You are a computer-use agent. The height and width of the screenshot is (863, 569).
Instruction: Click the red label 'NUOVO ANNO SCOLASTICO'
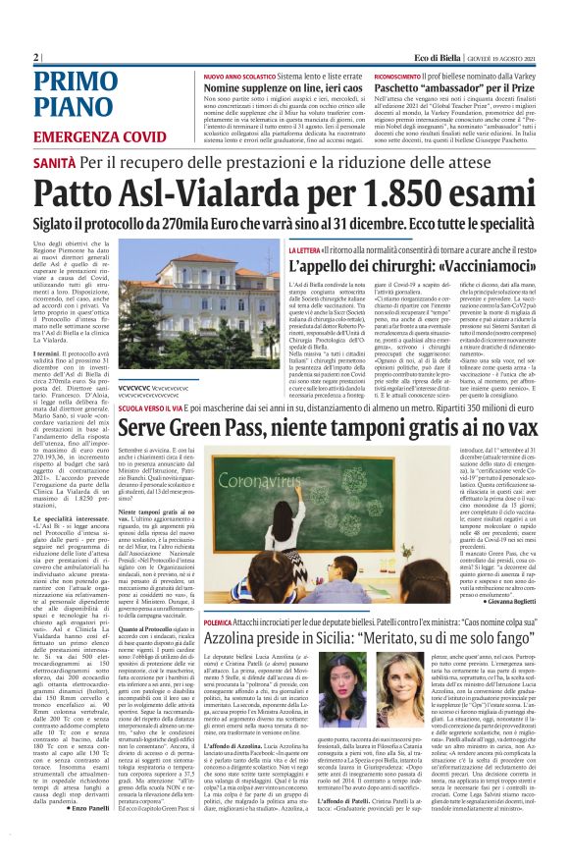[x=240, y=75]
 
